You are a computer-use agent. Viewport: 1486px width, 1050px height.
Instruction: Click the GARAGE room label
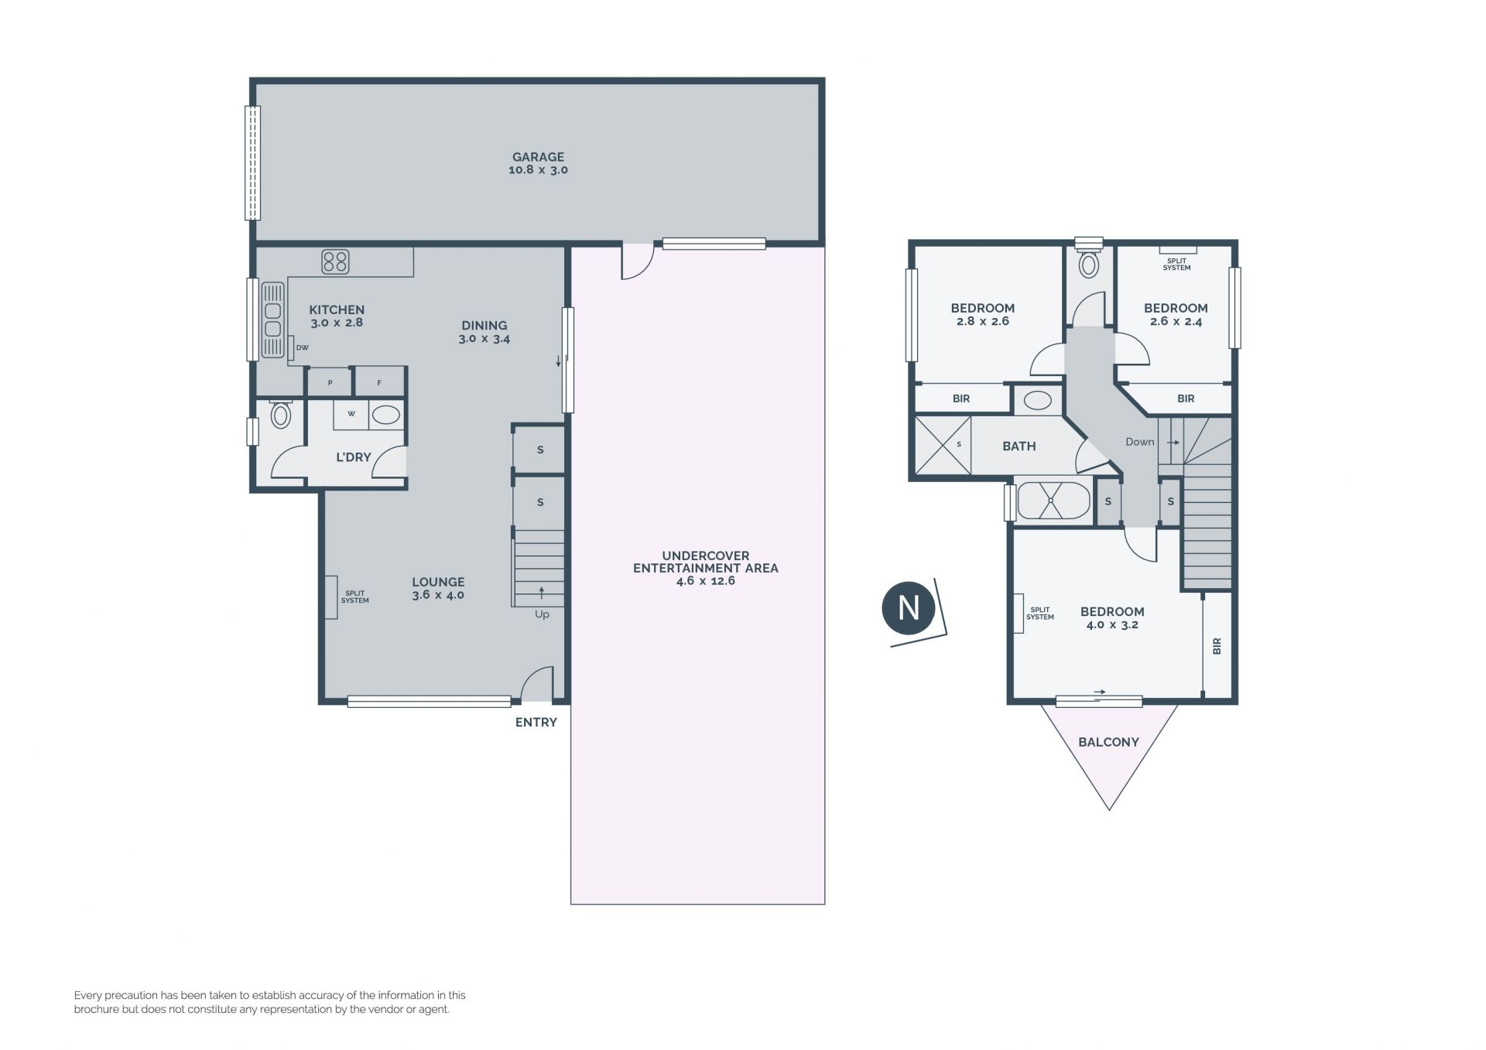coord(538,157)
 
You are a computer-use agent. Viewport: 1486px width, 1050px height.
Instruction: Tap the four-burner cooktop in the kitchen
coord(335,262)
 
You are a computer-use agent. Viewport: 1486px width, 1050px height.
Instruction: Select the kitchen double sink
coord(272,320)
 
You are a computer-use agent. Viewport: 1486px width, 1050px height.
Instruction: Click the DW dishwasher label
coord(302,348)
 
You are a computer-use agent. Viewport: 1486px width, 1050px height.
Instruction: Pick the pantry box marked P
coord(330,382)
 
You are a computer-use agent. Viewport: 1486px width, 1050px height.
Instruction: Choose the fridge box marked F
coord(379,382)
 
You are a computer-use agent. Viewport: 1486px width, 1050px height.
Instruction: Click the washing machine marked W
coord(351,414)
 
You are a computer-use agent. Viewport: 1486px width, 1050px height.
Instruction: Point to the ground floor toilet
coord(280,414)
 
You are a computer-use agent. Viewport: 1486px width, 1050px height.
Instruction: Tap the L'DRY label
coord(353,457)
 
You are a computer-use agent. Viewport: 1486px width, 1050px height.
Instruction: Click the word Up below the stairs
coord(542,614)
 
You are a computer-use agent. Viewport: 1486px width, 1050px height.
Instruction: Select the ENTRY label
coord(536,722)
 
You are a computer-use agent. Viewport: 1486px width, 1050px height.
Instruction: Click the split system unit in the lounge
coord(330,597)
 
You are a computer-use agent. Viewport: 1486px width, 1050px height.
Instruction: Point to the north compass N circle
coord(909,608)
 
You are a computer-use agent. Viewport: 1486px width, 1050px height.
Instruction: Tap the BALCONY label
coord(1108,742)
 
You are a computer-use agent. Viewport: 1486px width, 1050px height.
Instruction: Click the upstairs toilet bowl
coord(1089,263)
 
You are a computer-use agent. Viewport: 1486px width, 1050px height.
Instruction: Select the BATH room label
coord(1019,446)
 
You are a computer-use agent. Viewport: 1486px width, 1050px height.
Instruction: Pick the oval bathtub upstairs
coord(1053,501)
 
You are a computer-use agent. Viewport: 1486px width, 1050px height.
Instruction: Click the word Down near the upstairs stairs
coord(1139,442)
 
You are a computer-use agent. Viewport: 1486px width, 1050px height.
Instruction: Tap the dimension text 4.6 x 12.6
coord(705,581)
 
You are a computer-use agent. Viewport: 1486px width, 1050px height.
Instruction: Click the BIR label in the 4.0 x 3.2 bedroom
coord(1217,646)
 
